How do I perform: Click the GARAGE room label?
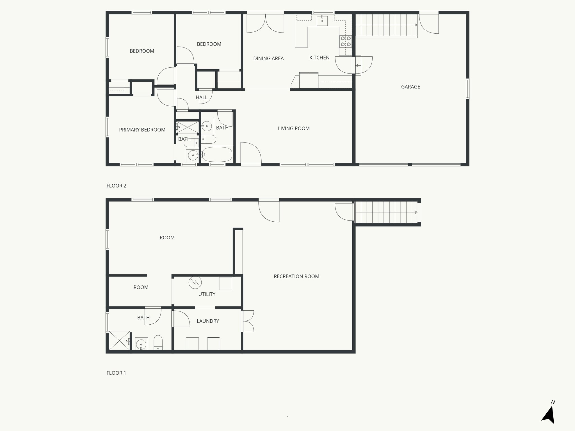(410, 87)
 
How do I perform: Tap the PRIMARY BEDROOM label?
(142, 130)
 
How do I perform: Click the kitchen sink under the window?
(322, 20)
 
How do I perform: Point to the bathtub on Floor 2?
(217, 155)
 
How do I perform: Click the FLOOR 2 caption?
(117, 186)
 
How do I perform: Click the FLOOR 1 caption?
(116, 373)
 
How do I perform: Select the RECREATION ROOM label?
(296, 276)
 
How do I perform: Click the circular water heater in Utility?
(195, 283)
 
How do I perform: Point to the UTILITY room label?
(207, 294)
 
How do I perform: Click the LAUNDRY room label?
(208, 321)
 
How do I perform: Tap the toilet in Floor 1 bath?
(158, 343)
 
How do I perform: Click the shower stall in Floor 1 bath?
(120, 340)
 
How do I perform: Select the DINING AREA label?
(268, 58)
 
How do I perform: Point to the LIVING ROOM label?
(294, 129)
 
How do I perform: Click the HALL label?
(202, 97)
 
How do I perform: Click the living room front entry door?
(251, 153)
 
